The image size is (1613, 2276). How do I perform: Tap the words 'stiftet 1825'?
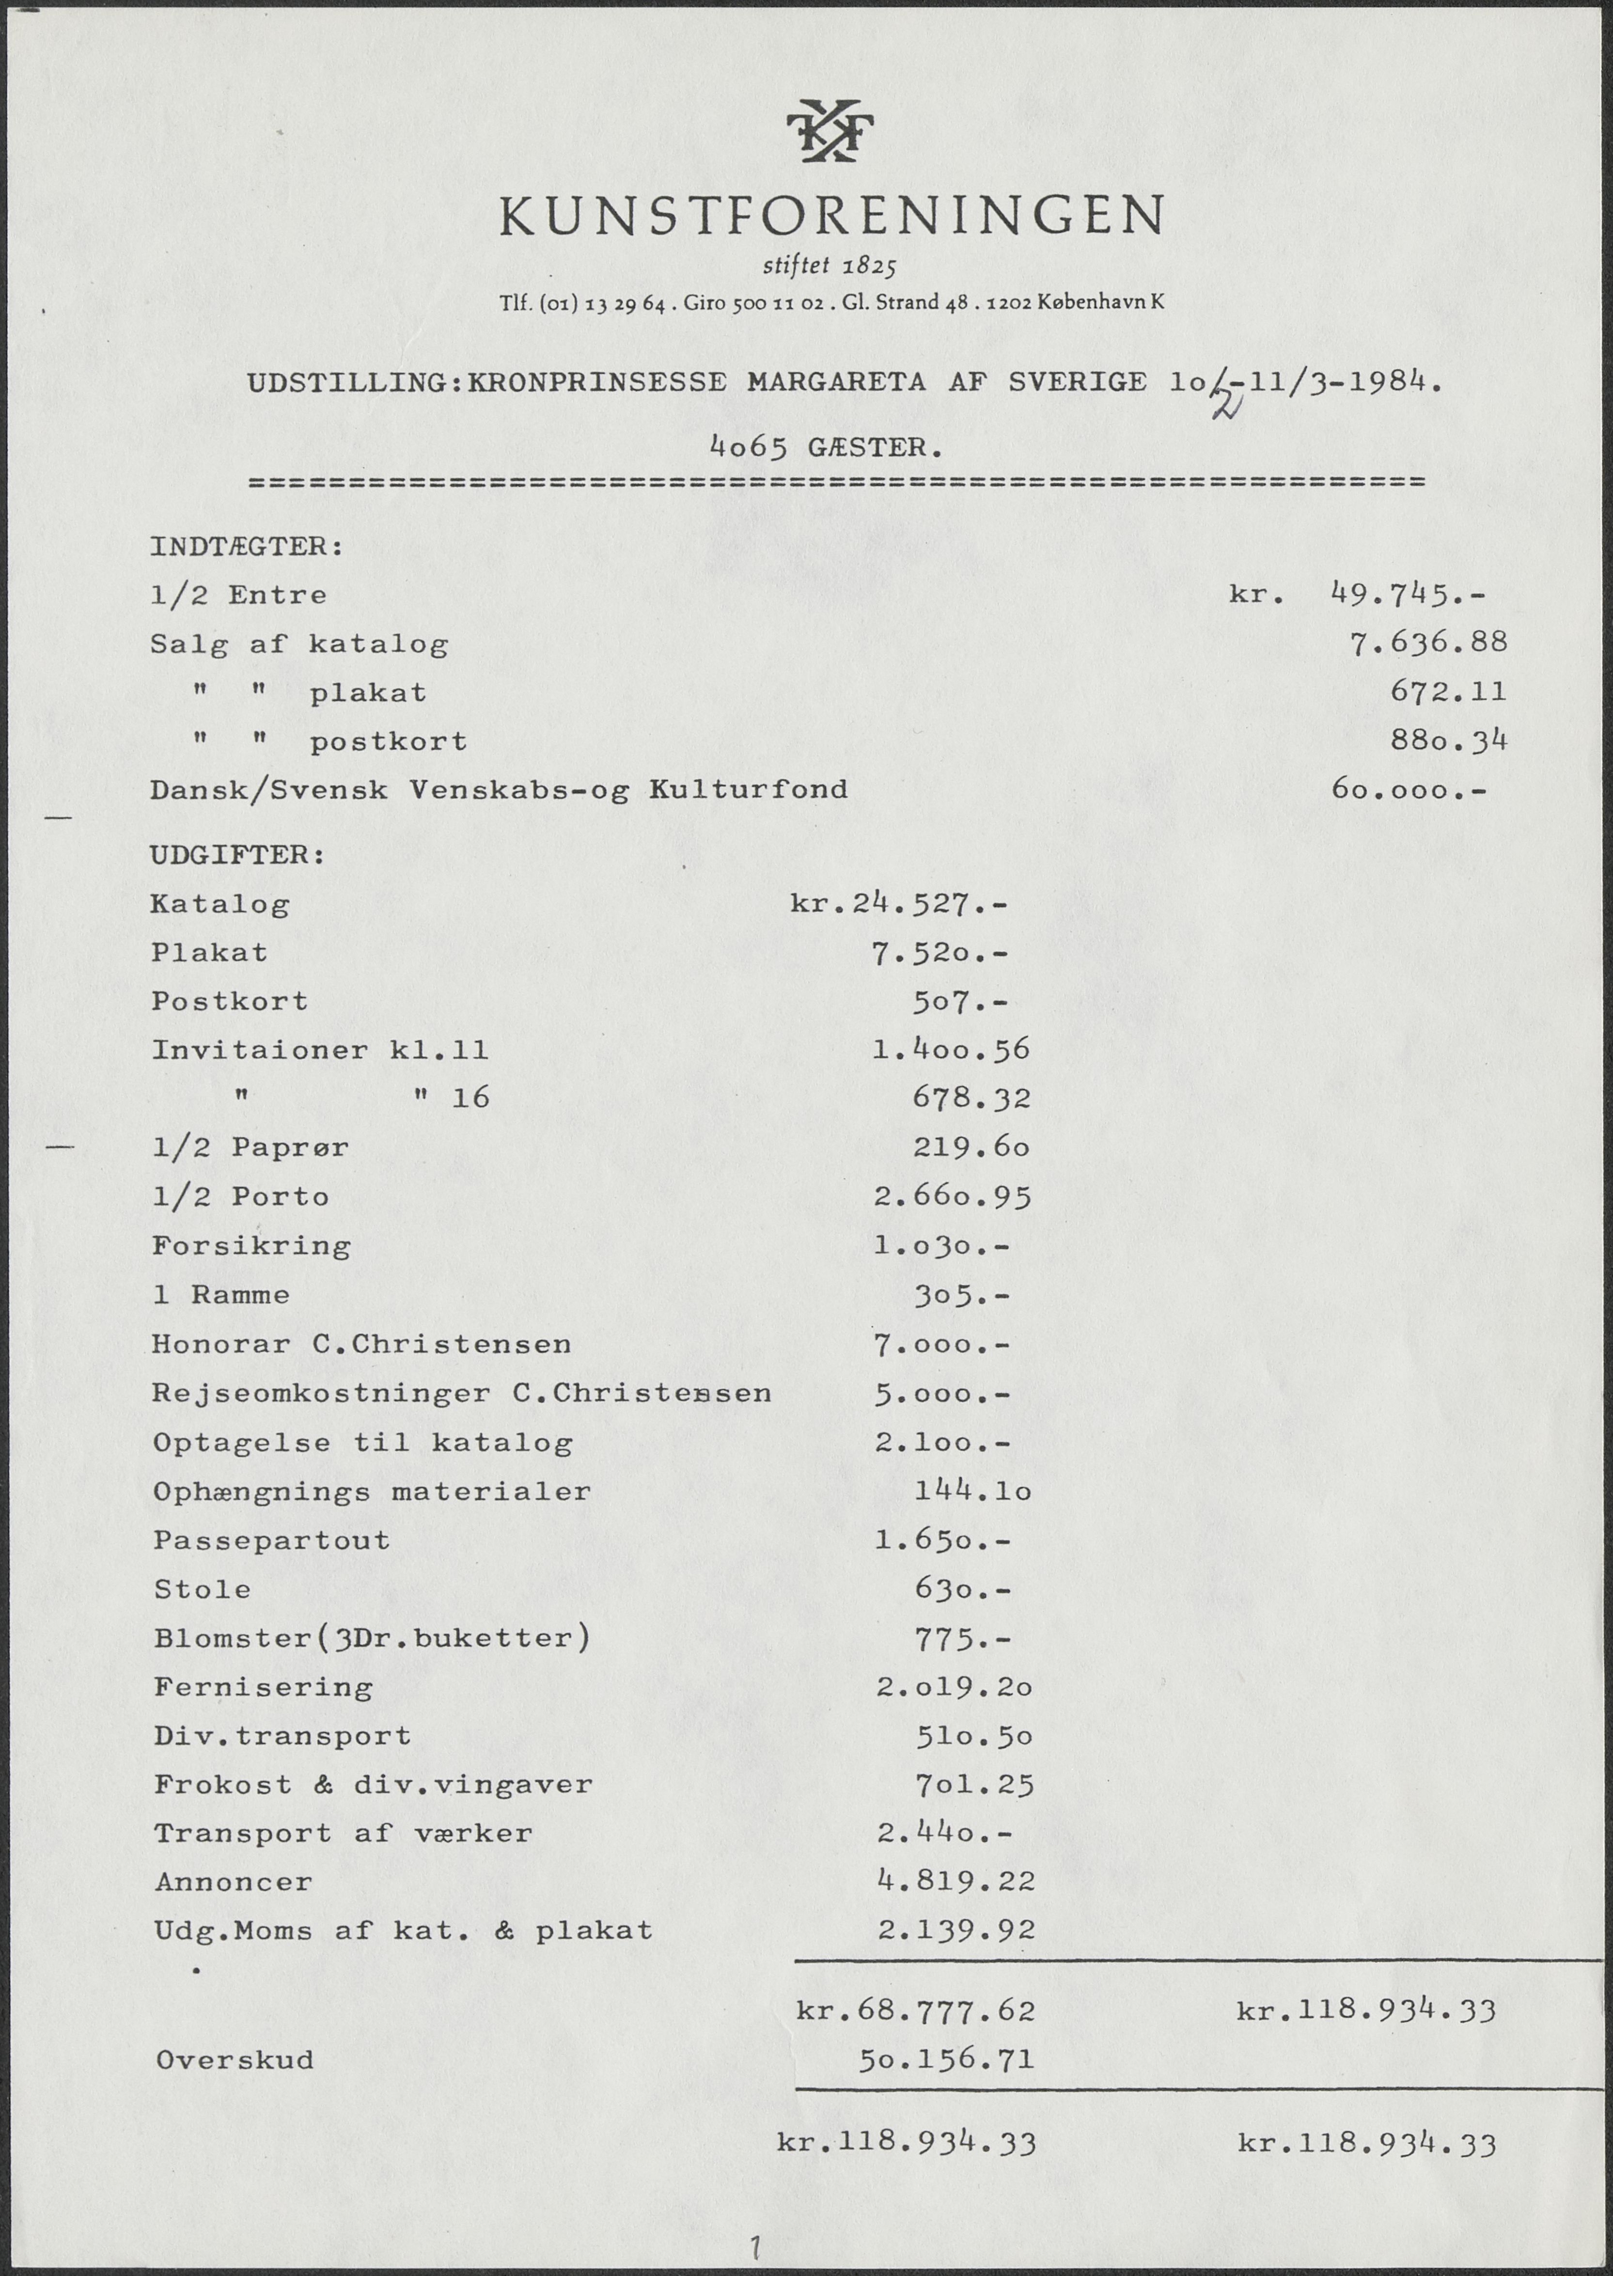tap(830, 266)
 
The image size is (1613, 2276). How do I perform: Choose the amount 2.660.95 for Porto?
tap(952, 1196)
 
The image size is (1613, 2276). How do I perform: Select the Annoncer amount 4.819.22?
tap(955, 1881)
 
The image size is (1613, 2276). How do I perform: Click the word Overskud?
tap(235, 2059)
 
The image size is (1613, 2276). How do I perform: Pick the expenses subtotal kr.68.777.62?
tap(916, 2011)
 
